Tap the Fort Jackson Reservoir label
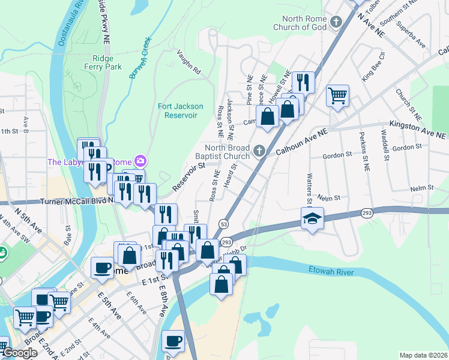180,110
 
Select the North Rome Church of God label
299,22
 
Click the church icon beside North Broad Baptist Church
259,150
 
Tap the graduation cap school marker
312,219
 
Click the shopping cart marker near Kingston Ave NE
338,95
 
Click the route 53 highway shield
223,223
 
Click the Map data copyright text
423,355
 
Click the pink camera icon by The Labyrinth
141,161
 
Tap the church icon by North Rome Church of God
336,23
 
